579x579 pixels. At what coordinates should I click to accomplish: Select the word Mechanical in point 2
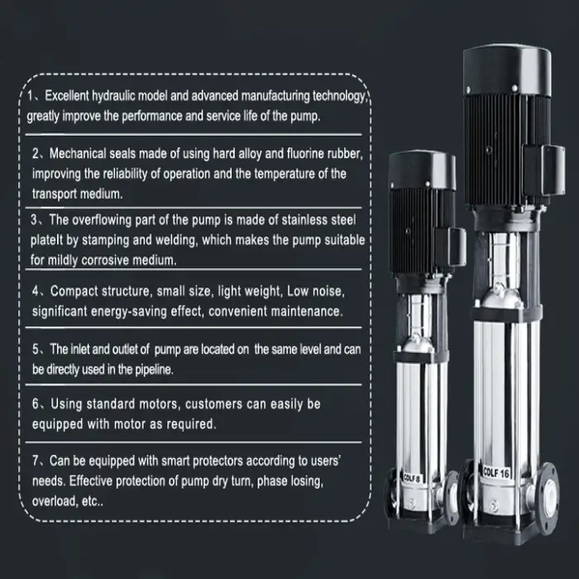(x=81, y=155)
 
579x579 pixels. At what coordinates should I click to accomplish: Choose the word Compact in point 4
(x=76, y=291)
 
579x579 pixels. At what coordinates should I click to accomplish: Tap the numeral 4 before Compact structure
(x=36, y=291)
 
